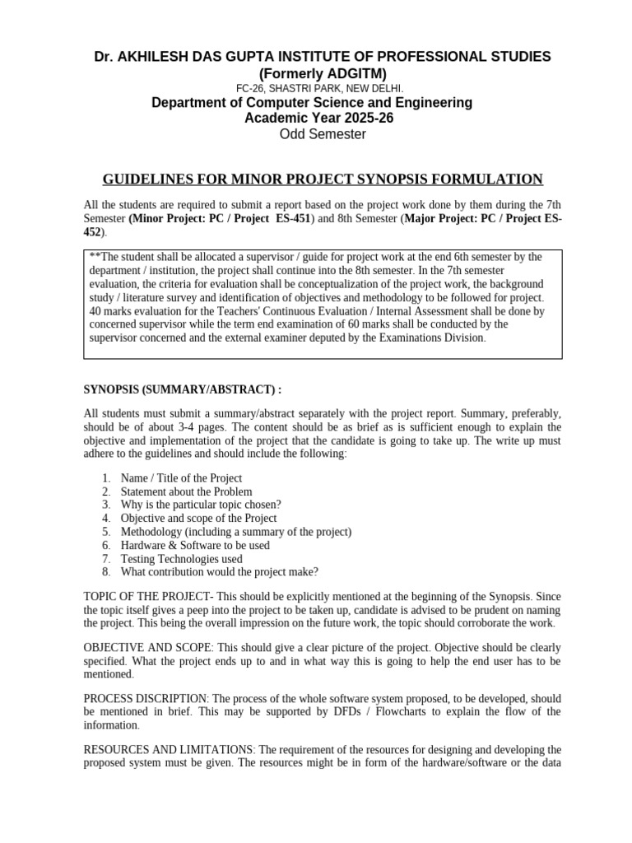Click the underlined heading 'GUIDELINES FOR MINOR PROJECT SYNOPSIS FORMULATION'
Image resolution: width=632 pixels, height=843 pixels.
pos(322,179)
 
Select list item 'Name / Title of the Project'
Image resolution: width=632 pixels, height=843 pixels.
pos(181,477)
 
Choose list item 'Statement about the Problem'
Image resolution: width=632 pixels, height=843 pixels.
pos(186,491)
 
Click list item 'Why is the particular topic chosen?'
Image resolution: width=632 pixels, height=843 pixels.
pos(201,505)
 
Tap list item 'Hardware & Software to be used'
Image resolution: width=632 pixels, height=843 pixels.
pos(195,545)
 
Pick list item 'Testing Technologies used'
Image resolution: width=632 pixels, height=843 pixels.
pos(181,558)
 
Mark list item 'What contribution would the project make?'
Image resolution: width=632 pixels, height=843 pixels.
pos(219,571)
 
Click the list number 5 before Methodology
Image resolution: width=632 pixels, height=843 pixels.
pos(106,532)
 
